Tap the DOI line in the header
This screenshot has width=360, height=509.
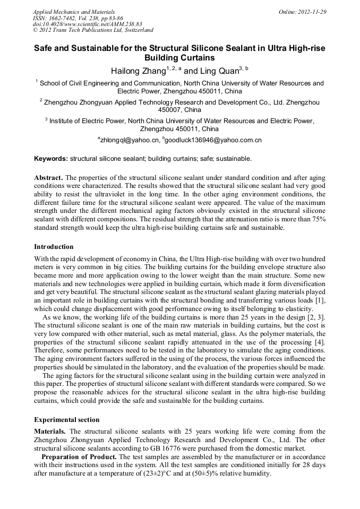pyautogui.click(x=88, y=24)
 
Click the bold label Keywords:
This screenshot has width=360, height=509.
pyautogui.click(x=51, y=158)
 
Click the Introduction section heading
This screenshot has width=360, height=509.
pyautogui.click(x=54, y=246)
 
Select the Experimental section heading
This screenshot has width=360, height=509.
pyautogui.click(x=66, y=419)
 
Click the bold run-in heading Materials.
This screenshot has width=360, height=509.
pyautogui.click(x=50, y=432)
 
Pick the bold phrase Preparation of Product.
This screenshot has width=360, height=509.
pyautogui.click(x=80, y=456)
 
